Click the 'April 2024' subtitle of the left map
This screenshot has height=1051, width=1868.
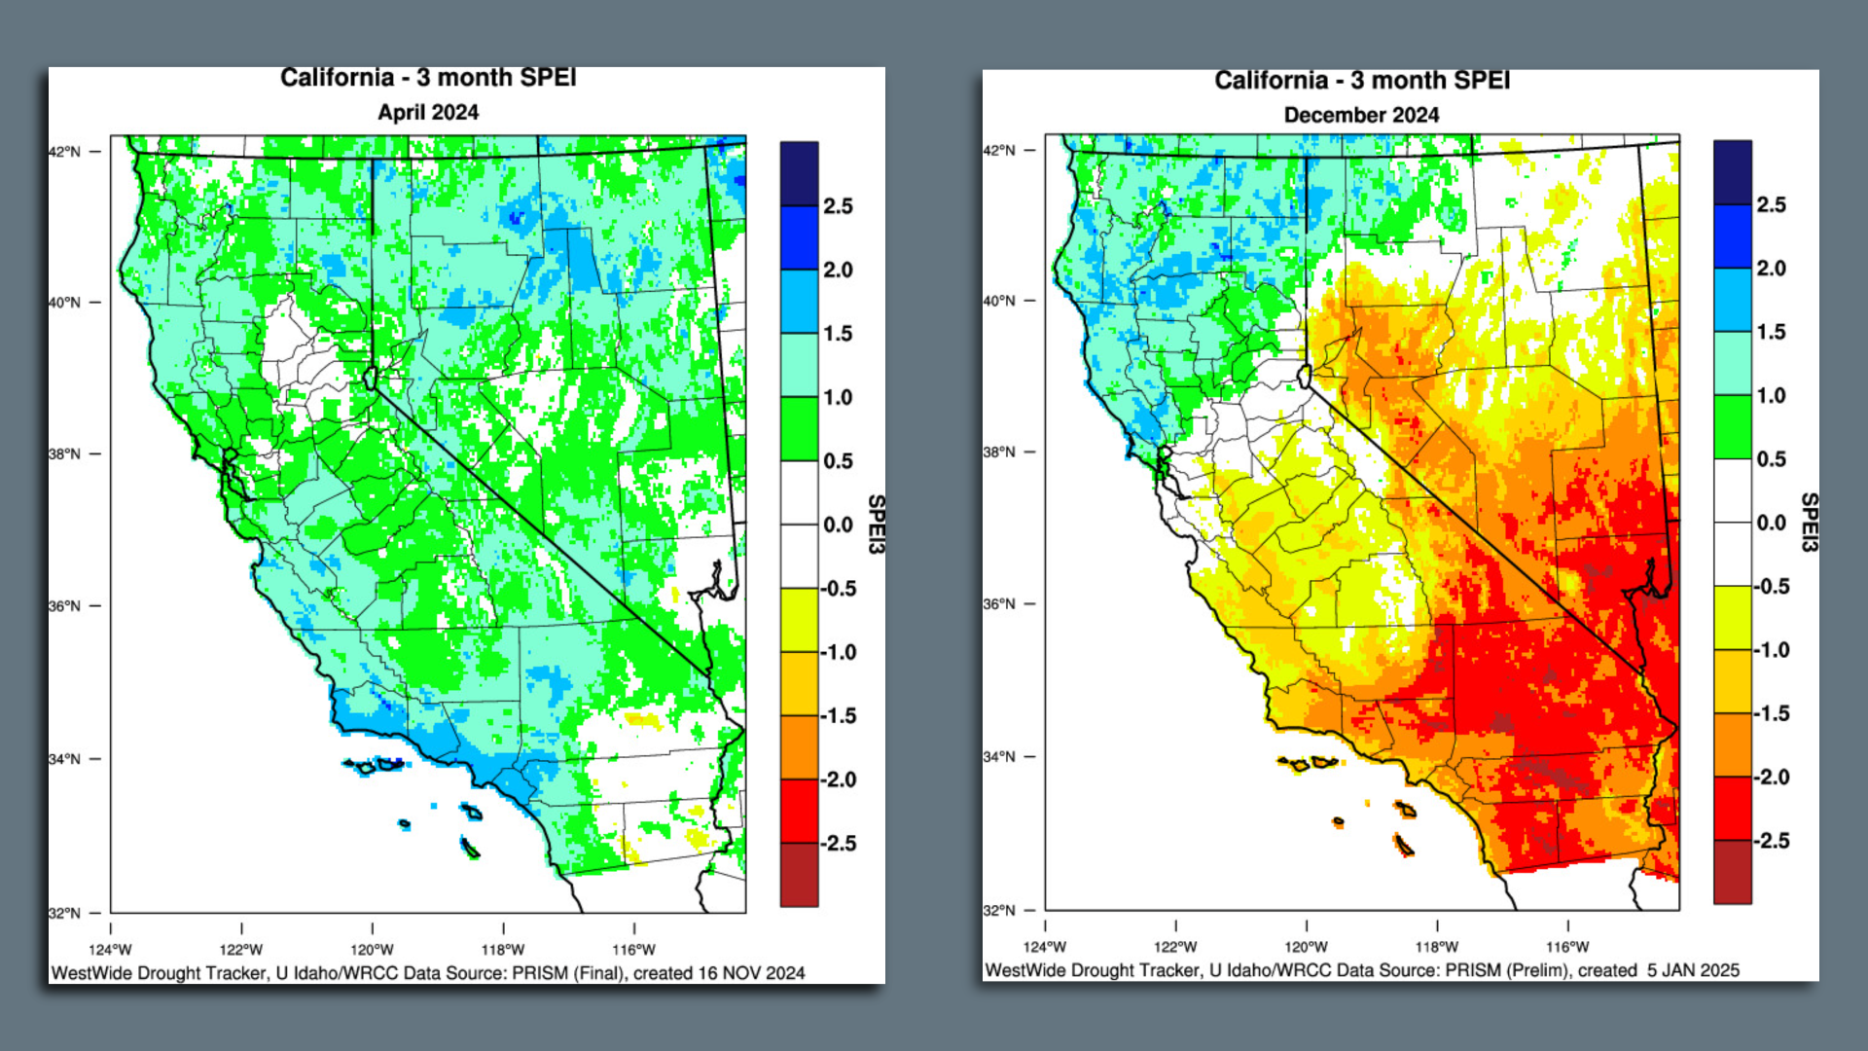point(428,112)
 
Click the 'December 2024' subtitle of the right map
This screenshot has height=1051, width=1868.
point(1361,115)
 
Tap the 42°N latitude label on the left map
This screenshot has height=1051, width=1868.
point(64,152)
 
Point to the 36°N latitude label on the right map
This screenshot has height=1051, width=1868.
point(998,603)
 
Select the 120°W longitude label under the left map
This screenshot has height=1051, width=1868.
point(372,950)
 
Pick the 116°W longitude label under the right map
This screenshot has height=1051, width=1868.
point(1566,947)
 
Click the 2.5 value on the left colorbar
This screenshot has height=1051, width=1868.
point(837,206)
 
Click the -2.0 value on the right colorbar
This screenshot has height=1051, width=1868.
point(1771,777)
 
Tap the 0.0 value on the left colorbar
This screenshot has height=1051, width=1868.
point(838,525)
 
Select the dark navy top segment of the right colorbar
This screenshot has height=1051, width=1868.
point(1732,172)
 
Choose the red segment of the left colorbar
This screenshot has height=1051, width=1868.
point(799,810)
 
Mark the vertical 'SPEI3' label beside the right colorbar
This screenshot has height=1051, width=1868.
point(1809,523)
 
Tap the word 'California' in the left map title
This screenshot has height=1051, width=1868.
point(337,78)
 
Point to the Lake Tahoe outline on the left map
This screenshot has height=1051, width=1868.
point(370,378)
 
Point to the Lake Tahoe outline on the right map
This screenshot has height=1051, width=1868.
point(1305,376)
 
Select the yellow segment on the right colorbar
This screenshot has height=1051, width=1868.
point(1732,618)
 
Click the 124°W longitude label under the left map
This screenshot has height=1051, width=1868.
point(110,950)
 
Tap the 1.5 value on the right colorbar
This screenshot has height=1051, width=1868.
point(1771,332)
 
